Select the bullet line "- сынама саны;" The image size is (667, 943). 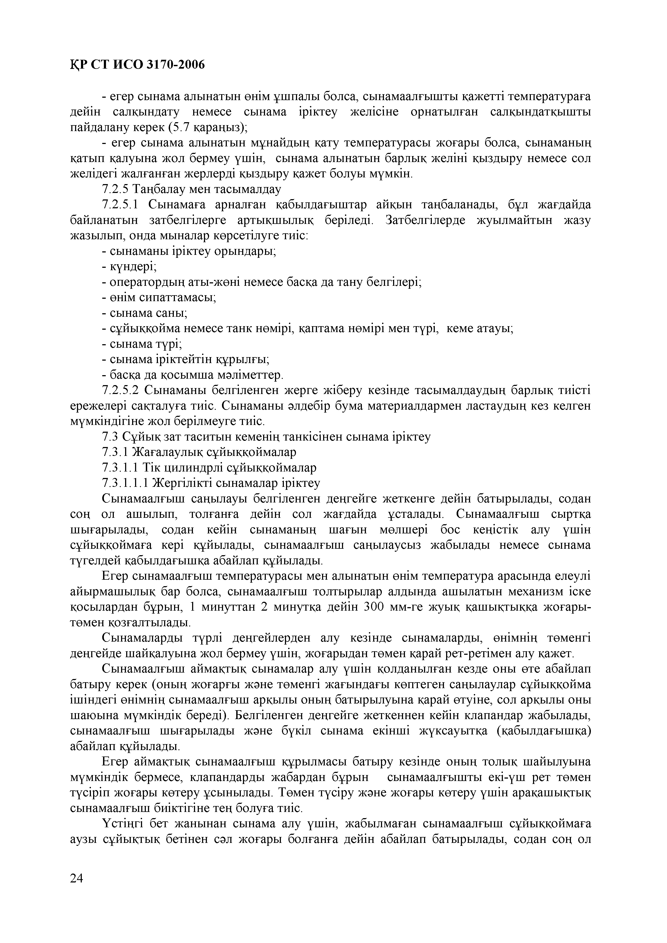click(x=144, y=313)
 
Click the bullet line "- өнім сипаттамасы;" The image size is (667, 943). click(x=159, y=298)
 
